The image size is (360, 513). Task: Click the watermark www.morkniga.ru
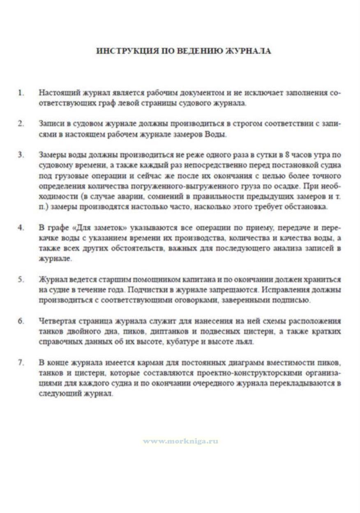tap(180, 441)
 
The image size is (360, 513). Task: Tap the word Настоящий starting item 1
tap(57, 93)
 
